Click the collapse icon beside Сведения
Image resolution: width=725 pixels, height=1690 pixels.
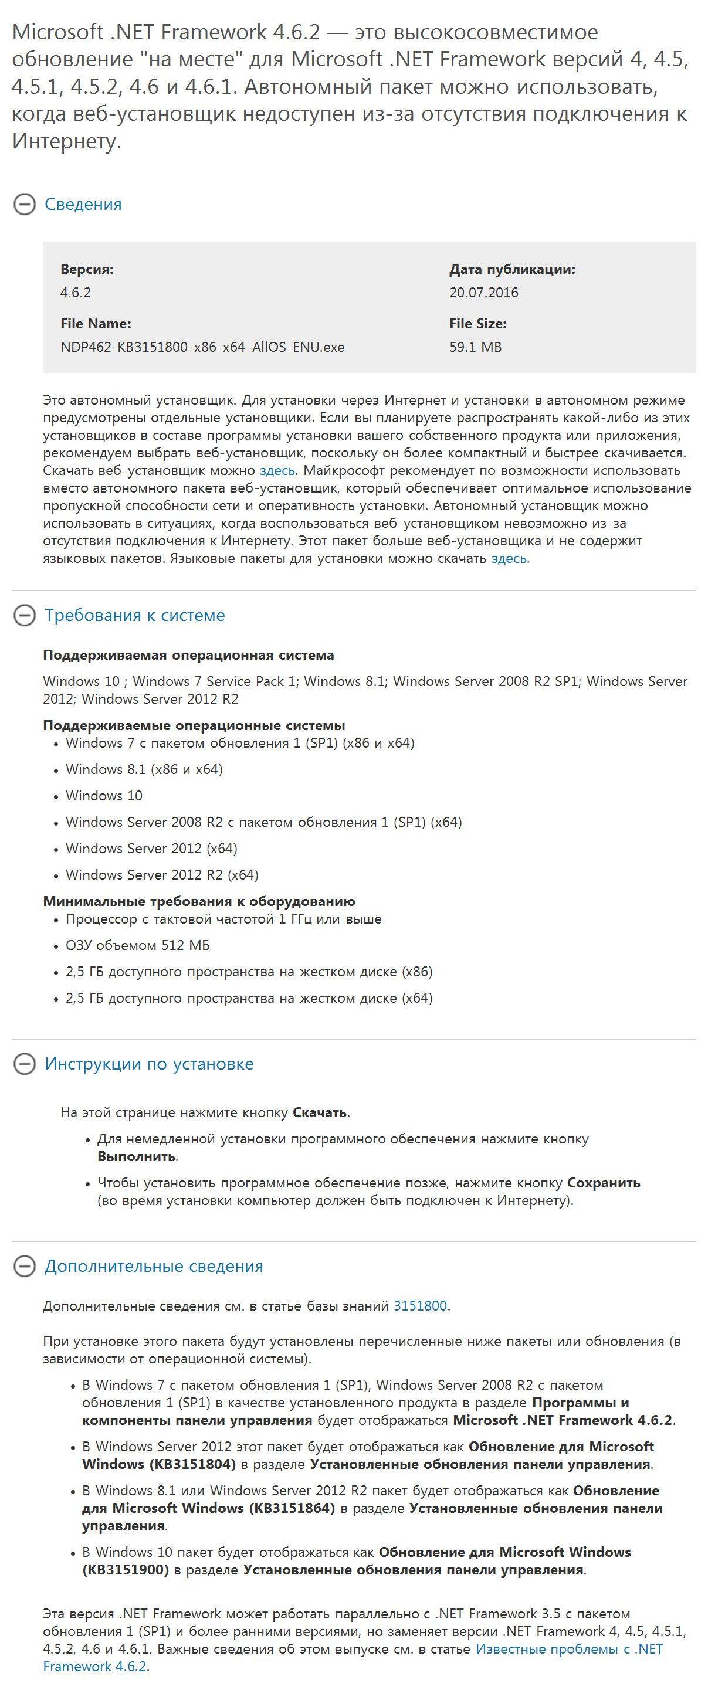point(24,205)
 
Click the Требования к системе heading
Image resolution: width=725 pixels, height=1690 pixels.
point(134,615)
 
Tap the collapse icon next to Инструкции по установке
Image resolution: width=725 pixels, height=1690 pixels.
point(24,1064)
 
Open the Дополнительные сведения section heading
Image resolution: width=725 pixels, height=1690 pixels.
point(154,1266)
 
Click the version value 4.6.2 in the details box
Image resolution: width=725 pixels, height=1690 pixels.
point(76,293)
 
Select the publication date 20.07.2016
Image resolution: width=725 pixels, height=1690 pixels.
point(483,293)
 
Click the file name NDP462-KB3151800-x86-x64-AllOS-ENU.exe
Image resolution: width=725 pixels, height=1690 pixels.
point(202,347)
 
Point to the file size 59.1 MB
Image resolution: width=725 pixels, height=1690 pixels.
point(475,347)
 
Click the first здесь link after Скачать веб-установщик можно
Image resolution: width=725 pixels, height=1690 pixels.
point(277,470)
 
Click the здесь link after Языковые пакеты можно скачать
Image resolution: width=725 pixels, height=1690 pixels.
point(509,559)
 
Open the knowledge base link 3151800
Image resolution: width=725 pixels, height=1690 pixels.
point(420,1305)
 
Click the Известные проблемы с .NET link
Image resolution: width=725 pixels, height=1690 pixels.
point(569,1649)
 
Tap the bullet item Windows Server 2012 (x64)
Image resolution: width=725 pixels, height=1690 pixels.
point(151,849)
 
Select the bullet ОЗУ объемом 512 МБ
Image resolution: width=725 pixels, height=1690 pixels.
point(138,945)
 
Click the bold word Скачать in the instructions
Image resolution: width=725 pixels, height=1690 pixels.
point(320,1112)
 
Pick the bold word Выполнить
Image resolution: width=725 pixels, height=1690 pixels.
point(137,1156)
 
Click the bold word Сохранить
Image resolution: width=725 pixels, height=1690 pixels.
point(604,1183)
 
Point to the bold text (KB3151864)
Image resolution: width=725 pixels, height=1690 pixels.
point(292,1508)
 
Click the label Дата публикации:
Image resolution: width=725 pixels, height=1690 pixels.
point(511,269)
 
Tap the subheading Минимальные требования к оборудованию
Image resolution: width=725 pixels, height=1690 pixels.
point(199,901)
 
